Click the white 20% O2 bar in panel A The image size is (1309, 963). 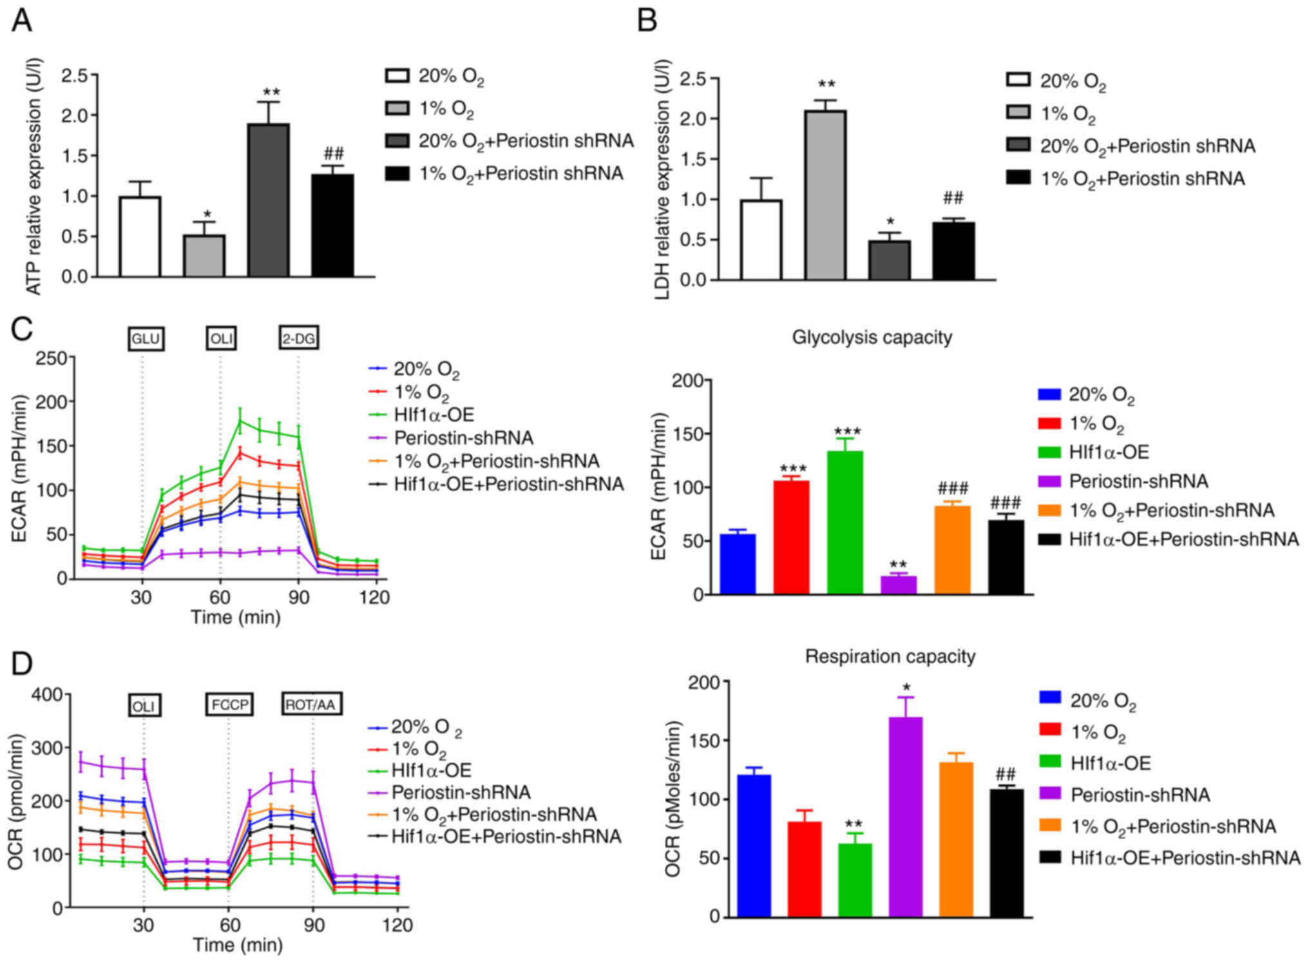(x=140, y=237)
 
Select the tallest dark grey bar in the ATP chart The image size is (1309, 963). (x=269, y=200)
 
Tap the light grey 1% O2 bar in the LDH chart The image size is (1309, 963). (x=825, y=195)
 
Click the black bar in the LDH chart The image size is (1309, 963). (x=953, y=251)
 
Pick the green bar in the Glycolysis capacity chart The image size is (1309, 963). (x=845, y=522)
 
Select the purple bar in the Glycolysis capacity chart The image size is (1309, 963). (x=899, y=585)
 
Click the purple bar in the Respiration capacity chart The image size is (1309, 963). (x=905, y=817)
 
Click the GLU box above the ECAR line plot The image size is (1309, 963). (x=146, y=339)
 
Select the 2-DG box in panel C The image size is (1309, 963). (x=299, y=339)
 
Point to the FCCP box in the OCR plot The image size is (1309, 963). (x=229, y=705)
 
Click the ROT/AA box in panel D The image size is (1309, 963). (x=311, y=705)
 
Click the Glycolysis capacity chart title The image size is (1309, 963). (x=872, y=337)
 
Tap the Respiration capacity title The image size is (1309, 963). (x=890, y=656)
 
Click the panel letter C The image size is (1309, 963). (x=22, y=330)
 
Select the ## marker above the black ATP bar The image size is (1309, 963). (x=333, y=153)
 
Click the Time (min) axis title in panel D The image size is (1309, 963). (x=238, y=945)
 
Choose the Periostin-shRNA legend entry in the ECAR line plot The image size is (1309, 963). (x=463, y=438)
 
